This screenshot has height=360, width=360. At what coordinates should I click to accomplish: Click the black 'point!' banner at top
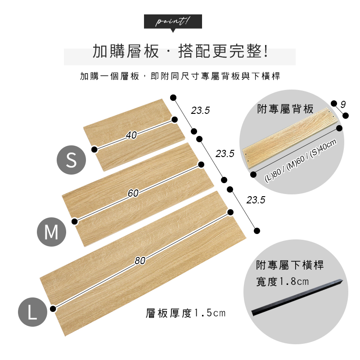tap(173, 22)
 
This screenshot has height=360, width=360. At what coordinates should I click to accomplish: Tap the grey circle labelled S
tap(71, 160)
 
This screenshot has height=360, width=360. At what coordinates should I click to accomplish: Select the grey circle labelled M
tap(51, 232)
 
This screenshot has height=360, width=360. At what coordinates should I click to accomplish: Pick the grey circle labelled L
tap(32, 312)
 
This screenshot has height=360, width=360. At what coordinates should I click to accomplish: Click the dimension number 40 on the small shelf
tap(131, 135)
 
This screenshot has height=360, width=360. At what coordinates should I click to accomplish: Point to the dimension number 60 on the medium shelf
tap(133, 193)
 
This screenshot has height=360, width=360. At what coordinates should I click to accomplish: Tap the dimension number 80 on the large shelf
tap(140, 261)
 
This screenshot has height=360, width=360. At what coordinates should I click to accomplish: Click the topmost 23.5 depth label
tap(200, 110)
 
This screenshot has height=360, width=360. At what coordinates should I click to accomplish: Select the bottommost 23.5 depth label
tap(256, 200)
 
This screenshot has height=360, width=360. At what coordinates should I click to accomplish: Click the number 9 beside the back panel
tap(343, 104)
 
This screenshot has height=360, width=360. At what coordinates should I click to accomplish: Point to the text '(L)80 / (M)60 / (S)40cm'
tap(301, 161)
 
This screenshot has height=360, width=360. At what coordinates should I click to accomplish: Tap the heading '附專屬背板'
tap(285, 109)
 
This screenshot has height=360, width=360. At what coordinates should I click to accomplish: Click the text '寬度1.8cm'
tap(283, 282)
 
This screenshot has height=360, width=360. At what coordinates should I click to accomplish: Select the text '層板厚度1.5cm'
tap(185, 313)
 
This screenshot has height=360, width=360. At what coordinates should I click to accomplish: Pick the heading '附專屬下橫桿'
tap(290, 265)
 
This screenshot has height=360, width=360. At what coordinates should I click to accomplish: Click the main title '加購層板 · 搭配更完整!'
tap(180, 51)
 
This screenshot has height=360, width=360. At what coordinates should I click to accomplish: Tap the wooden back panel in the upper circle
tap(290, 139)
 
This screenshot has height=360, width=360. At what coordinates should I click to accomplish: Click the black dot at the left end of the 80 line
tap(53, 309)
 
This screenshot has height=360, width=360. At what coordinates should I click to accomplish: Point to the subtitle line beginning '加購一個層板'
tap(180, 76)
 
